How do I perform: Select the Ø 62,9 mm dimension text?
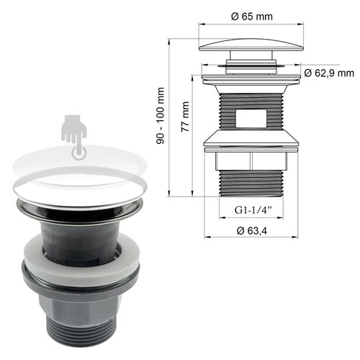pos(329,73)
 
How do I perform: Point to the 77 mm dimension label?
pos(185,114)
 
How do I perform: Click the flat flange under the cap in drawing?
pos(248,74)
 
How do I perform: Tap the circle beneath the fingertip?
pos(78,151)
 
